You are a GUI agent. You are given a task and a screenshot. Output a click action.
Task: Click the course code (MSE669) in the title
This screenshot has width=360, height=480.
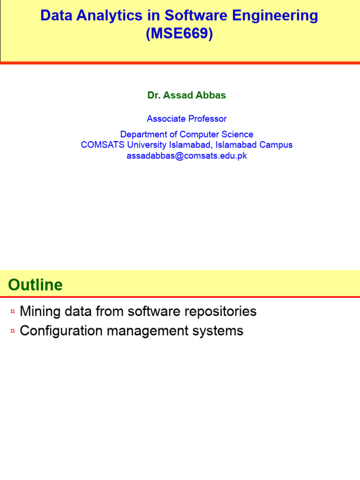pyautogui.click(x=179, y=34)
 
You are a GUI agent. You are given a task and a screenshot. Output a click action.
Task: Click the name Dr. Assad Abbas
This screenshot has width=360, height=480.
pyautogui.click(x=187, y=95)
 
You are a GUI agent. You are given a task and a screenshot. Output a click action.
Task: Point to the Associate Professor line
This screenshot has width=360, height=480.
pyautogui.click(x=187, y=119)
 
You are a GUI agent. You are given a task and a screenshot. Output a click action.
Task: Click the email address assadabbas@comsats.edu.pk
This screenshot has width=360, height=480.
pyautogui.click(x=187, y=156)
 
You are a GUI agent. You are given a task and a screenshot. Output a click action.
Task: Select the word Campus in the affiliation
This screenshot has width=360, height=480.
pyautogui.click(x=276, y=145)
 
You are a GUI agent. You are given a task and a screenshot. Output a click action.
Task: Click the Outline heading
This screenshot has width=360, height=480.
pyautogui.click(x=35, y=285)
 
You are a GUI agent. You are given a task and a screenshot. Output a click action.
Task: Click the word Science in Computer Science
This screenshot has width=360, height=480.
pyautogui.click(x=237, y=135)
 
